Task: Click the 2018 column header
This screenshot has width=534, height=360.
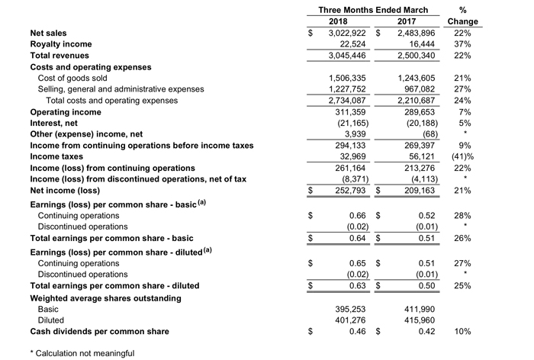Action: pos(338,21)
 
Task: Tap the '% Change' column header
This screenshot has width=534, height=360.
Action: pos(463,16)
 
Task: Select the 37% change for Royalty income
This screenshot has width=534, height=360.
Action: pos(463,44)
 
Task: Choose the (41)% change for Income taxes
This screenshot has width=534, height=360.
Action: pos(463,156)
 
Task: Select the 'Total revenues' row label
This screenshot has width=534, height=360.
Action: pos(59,56)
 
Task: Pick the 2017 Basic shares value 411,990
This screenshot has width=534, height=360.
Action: pos(419,310)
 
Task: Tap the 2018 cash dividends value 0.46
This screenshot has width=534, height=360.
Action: pos(355,332)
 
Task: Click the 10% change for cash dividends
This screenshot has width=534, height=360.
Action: pos(463,332)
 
